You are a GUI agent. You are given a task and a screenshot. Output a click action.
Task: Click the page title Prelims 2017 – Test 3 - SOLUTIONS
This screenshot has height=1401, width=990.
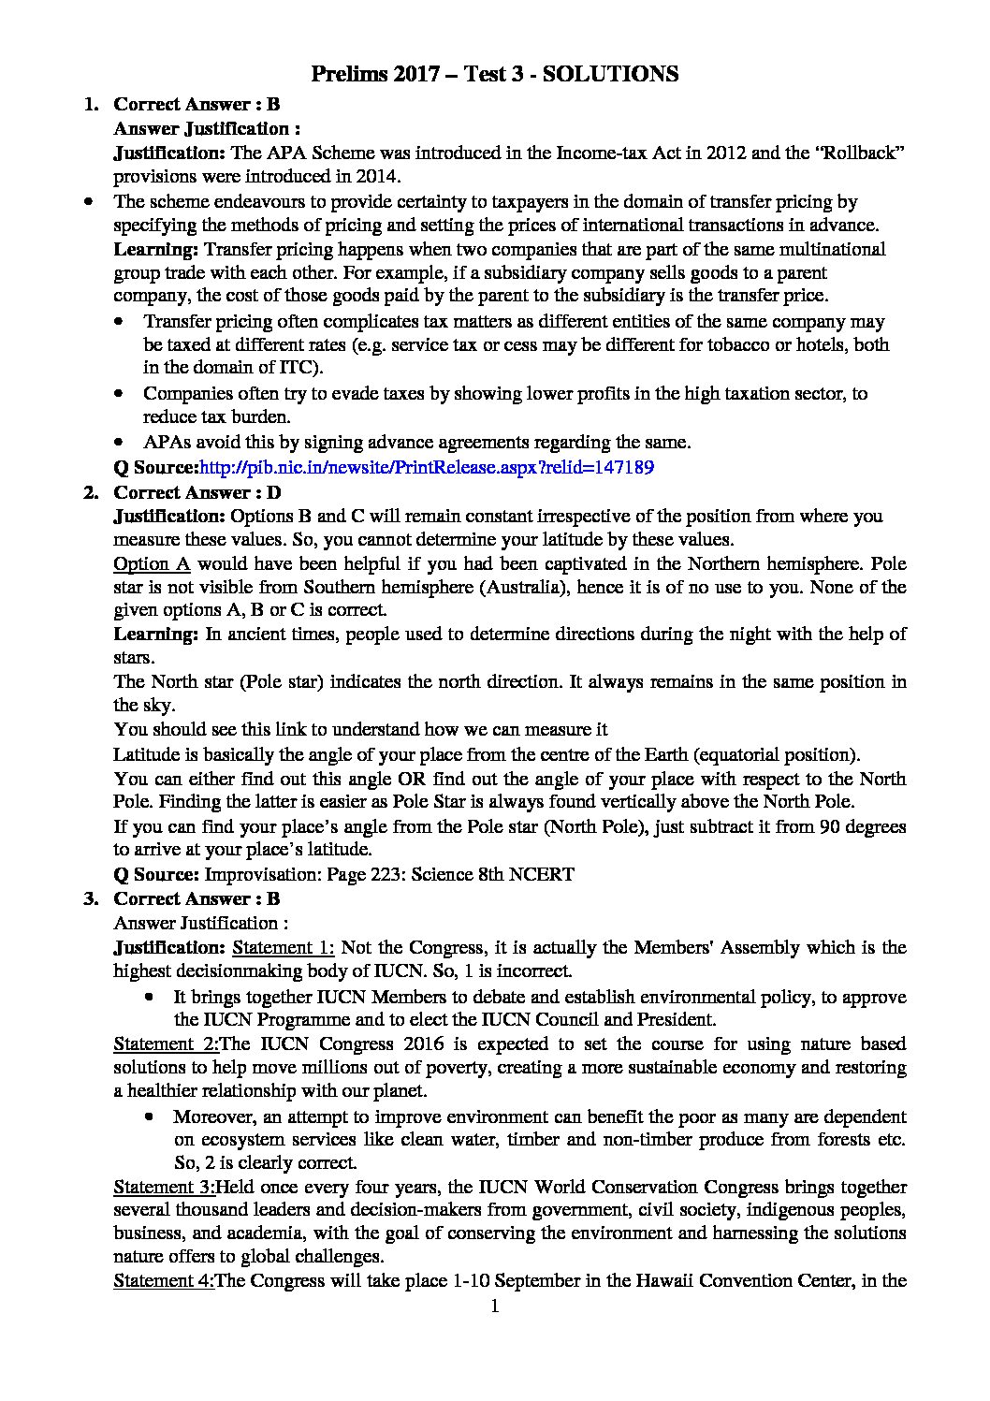pos(494,74)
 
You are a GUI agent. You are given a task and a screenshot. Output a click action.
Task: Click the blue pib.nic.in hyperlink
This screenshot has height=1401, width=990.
pos(427,467)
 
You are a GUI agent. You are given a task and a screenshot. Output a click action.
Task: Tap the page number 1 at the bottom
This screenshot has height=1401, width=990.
pos(495,1306)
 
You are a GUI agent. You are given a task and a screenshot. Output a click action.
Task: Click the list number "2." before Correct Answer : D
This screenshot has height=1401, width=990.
pos(91,492)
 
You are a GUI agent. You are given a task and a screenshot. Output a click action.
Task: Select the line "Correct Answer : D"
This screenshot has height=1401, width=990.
pos(197,492)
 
